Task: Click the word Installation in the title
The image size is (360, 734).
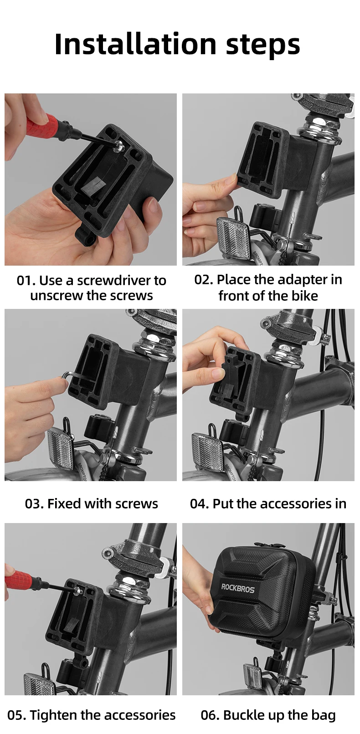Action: (x=135, y=44)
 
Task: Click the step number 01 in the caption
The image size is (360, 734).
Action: (x=26, y=281)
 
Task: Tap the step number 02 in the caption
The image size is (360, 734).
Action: (x=204, y=280)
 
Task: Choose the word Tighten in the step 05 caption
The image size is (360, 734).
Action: (x=54, y=716)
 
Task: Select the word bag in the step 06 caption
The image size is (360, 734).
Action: (x=324, y=716)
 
